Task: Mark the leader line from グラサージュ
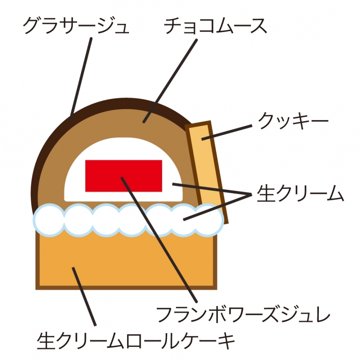(x=82, y=76)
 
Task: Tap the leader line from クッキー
(x=228, y=132)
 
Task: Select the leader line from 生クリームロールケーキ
(x=84, y=296)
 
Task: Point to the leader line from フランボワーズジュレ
(x=160, y=240)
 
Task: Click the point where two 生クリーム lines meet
(x=251, y=194)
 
